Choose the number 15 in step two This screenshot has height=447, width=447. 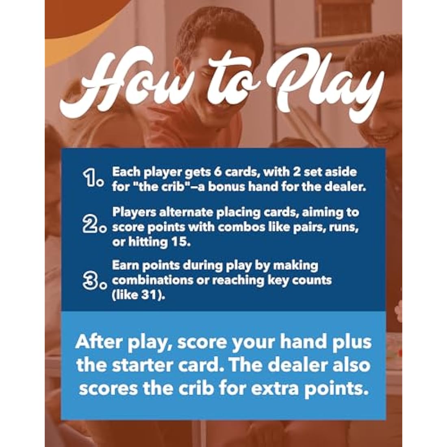point(179,242)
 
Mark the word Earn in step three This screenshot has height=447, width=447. point(126,265)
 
